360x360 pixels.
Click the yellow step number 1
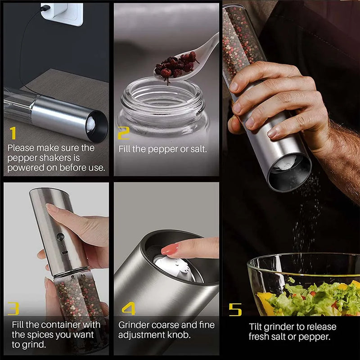[x=13, y=133]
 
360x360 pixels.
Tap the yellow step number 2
[x=123, y=133]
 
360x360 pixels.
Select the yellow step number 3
[x=13, y=308]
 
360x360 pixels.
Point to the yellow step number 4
[x=128, y=308]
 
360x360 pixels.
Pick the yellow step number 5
[x=235, y=309]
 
